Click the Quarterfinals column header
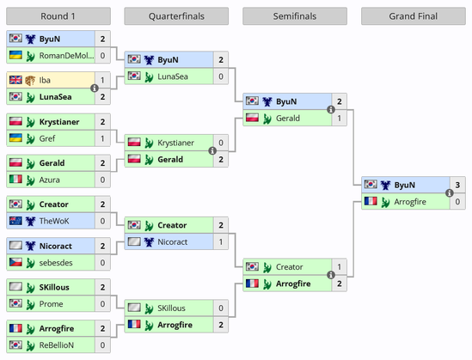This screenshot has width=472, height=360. pyautogui.click(x=176, y=16)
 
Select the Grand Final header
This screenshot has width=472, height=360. pyautogui.click(x=414, y=16)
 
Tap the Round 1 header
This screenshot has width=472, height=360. pyautogui.click(x=58, y=16)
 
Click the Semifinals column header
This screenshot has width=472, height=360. pyautogui.click(x=295, y=16)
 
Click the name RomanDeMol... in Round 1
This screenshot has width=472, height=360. pyautogui.click(x=66, y=56)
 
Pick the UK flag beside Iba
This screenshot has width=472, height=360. pyautogui.click(x=15, y=80)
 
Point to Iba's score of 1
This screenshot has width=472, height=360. pyautogui.click(x=102, y=80)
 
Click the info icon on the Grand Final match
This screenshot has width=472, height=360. pyautogui.click(x=450, y=193)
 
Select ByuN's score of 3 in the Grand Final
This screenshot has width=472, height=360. pyautogui.click(x=457, y=185)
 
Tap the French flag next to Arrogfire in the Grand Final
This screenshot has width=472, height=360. pyautogui.click(x=371, y=201)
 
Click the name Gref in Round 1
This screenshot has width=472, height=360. pyautogui.click(x=47, y=138)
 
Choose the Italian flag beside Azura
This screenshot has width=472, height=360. pyautogui.click(x=15, y=180)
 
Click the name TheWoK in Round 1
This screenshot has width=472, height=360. pyautogui.click(x=54, y=221)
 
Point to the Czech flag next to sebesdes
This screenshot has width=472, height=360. pyautogui.click(x=15, y=262)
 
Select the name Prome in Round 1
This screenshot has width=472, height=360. pyautogui.click(x=52, y=304)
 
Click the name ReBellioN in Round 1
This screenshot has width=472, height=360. pyautogui.click(x=57, y=345)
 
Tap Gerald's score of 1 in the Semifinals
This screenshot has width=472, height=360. pyautogui.click(x=340, y=119)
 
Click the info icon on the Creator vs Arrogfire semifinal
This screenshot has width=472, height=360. pyautogui.click(x=331, y=275)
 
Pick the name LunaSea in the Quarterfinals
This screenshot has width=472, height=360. pyautogui.click(x=173, y=76)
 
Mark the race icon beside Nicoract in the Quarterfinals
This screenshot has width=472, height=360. pyautogui.click(x=149, y=241)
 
